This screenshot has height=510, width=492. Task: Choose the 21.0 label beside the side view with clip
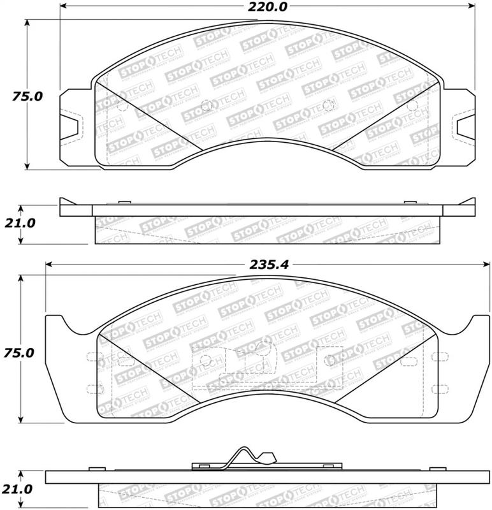(x=21, y=489)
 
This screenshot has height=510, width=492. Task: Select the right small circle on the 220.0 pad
(x=328, y=105)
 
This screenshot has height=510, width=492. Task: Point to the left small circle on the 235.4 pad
(x=205, y=361)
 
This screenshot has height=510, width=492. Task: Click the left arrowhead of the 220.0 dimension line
(x=64, y=8)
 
